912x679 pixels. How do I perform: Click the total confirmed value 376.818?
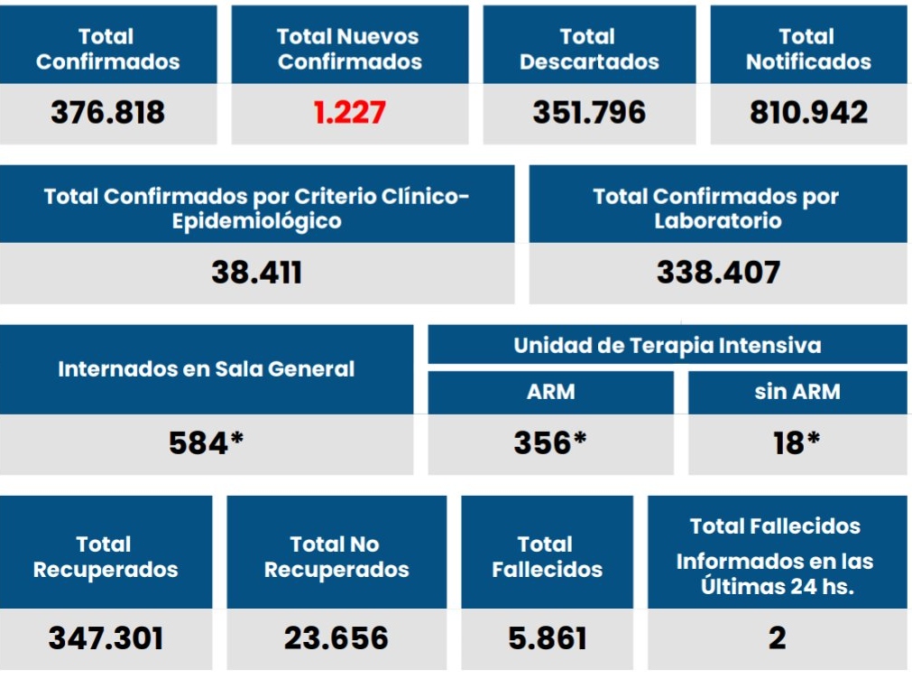point(108,113)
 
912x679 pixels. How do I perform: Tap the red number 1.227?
point(350,113)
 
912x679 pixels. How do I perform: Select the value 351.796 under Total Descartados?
point(589,113)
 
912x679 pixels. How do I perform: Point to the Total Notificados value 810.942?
point(808,113)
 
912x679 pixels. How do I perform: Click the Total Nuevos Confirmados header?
point(349,50)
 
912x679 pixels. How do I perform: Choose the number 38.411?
point(257,273)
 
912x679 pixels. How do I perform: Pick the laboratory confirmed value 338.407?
point(718,273)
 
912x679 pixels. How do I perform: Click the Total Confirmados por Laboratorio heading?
point(717,209)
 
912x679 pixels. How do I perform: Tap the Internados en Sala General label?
point(207,369)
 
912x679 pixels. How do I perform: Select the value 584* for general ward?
point(207,443)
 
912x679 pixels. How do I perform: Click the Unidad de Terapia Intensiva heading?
point(668,345)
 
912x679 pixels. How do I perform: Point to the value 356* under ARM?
point(550,443)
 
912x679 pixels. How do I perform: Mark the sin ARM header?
point(797,392)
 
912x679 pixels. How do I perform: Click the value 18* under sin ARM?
point(797,443)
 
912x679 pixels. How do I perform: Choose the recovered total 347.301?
point(106,639)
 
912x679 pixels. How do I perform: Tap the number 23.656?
point(336,639)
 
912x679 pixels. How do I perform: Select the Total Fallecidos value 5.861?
point(548,639)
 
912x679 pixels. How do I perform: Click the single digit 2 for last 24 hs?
point(777,639)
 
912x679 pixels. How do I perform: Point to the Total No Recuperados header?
point(336,557)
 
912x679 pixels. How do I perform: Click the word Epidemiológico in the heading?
point(257,221)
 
